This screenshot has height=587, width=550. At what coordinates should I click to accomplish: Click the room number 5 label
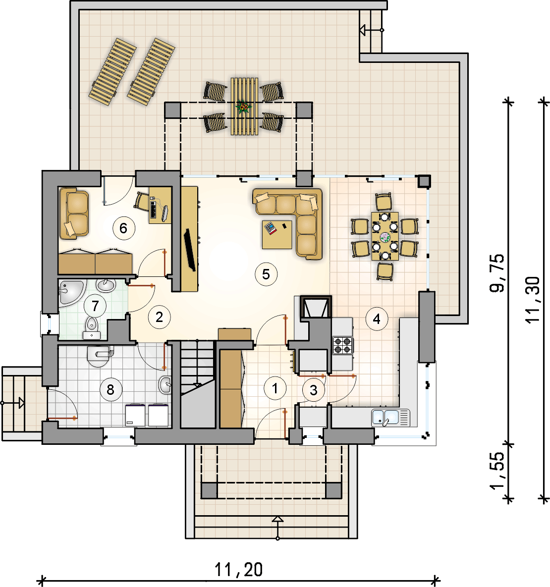[266, 274]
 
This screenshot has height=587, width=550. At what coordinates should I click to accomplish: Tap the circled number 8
[110, 389]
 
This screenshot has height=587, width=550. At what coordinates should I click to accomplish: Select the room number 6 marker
[123, 228]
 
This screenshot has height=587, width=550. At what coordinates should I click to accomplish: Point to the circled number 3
[314, 390]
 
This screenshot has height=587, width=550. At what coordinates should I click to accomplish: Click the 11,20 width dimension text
[238, 569]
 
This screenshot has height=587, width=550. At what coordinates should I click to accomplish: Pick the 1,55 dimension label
[497, 471]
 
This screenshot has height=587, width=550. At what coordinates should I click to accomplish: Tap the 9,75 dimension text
[497, 273]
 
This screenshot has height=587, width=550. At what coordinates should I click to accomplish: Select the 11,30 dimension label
[533, 300]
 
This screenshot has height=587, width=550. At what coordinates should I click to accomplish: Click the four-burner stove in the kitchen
[342, 345]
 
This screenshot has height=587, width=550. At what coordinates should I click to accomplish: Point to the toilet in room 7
[91, 327]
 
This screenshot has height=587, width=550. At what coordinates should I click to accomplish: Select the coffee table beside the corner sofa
[276, 235]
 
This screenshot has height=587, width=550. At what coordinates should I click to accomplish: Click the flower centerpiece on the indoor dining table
[385, 237]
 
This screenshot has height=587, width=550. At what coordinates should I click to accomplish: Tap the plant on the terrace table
[244, 107]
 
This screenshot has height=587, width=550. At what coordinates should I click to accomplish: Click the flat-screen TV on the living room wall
[189, 250]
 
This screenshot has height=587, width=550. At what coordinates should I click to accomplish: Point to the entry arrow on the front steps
[277, 528]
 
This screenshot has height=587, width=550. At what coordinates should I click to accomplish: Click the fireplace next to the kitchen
[316, 307]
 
